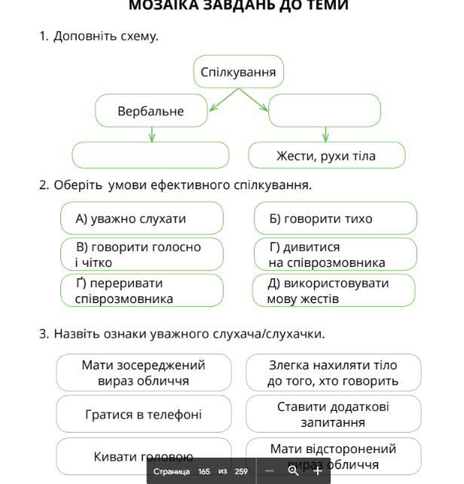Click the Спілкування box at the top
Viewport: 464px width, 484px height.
238,72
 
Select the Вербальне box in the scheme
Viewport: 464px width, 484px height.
151,111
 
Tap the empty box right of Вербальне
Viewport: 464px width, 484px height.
325,111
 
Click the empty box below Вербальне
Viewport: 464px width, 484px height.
151,155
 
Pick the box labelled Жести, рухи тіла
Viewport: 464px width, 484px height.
326,156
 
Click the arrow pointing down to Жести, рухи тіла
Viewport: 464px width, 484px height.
325,134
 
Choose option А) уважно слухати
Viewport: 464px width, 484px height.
142,219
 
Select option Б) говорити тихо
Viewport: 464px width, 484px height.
335,219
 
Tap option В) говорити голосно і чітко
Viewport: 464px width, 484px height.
142,255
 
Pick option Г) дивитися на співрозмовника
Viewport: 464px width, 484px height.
335,255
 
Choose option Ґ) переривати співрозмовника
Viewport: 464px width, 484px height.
142,290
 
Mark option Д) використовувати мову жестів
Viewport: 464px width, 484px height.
335,290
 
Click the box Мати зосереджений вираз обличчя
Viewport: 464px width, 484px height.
143,372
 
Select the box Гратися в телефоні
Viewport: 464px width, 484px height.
143,415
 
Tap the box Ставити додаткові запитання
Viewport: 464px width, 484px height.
333,415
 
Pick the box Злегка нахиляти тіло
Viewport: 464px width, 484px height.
333,372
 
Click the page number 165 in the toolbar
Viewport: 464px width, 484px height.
204,471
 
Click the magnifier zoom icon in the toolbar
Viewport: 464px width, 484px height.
293,470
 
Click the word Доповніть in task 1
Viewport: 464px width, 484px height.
80,35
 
